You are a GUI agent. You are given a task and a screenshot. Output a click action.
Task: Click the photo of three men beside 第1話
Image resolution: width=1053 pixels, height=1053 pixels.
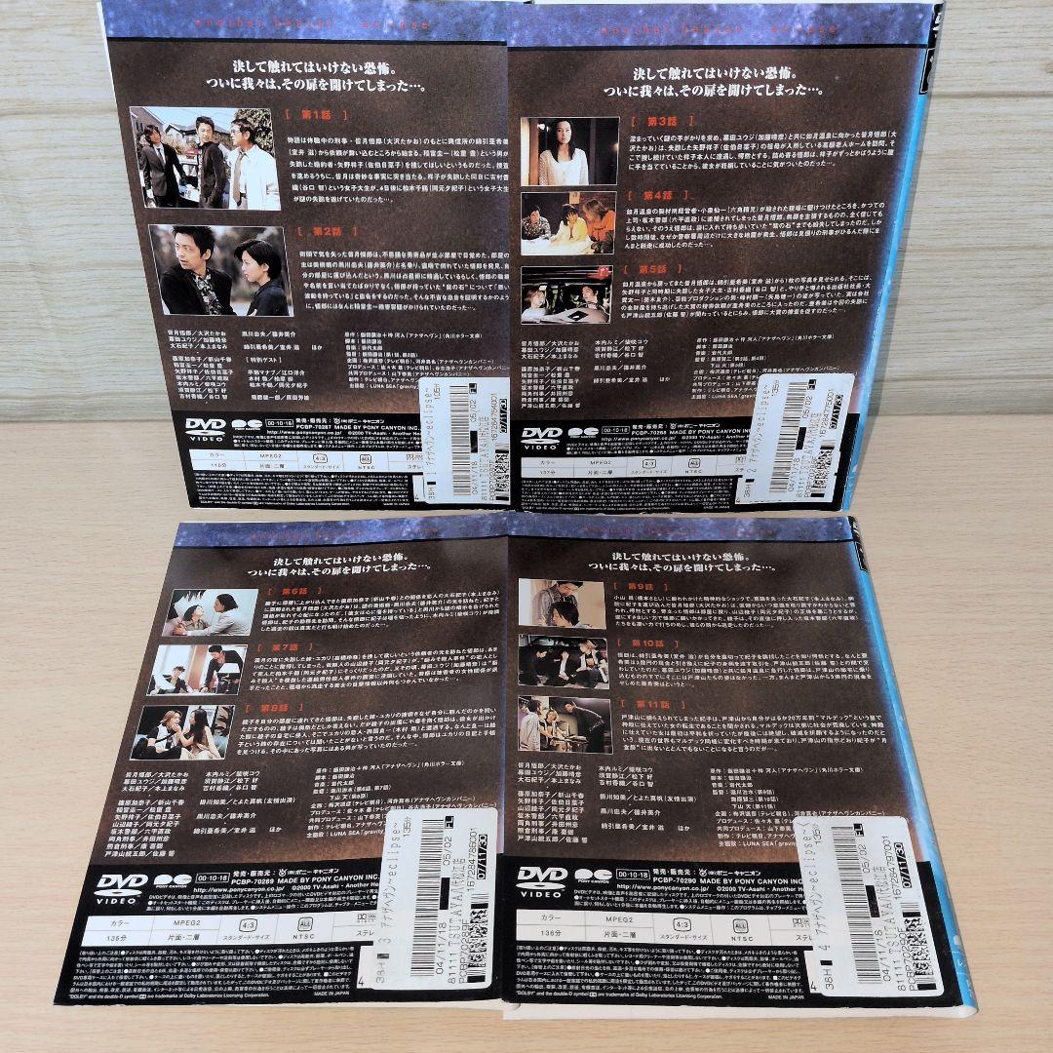coord(206,158)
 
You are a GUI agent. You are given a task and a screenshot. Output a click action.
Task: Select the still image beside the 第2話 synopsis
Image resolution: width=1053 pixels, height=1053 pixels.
coord(220,270)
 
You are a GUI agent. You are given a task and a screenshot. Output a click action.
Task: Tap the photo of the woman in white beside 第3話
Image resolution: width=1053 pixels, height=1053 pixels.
coord(569,151)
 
